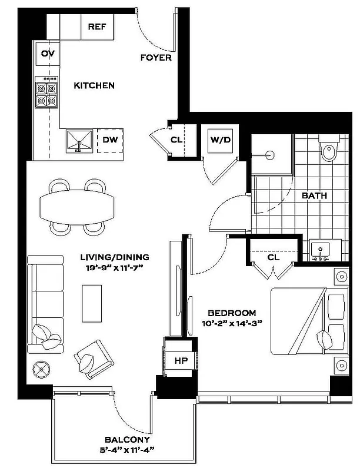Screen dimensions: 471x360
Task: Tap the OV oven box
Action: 48,54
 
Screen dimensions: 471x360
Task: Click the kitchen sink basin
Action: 78,141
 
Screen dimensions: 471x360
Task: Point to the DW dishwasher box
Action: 109,140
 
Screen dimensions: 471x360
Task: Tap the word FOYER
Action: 156,58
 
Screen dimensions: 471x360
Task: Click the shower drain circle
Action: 269,155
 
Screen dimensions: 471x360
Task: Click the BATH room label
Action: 314,195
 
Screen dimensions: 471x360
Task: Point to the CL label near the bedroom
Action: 273,257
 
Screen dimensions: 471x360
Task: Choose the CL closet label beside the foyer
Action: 176,140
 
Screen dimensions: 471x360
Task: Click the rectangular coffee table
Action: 91,303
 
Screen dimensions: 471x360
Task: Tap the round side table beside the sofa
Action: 42,369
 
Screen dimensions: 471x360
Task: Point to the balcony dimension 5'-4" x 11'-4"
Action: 128,450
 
